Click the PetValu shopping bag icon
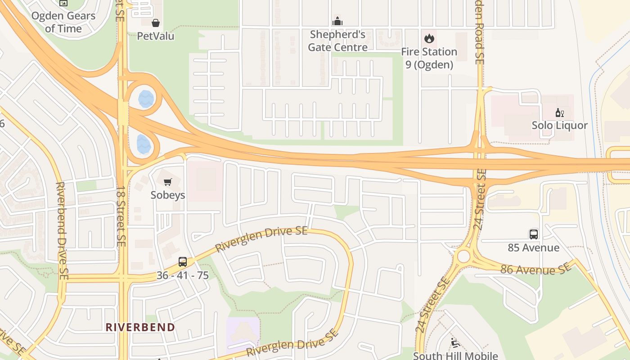tap(156, 23)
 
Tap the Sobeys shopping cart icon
tap(168, 182)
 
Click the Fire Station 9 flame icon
tap(429, 38)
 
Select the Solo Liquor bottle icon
tap(560, 112)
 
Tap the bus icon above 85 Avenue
tap(533, 234)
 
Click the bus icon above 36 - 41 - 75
tap(182, 261)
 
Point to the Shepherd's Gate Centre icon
tap(337, 21)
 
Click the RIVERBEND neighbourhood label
tap(140, 327)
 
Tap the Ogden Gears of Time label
tap(63, 22)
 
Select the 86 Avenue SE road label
tap(535, 269)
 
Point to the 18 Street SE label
tap(121, 216)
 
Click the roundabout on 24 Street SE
tap(463, 256)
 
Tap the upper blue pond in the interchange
tap(146, 99)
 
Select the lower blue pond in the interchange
tap(144, 144)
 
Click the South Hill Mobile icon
tap(454, 343)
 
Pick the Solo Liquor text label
tap(559, 125)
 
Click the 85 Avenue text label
tap(533, 247)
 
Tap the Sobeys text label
tap(168, 195)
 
